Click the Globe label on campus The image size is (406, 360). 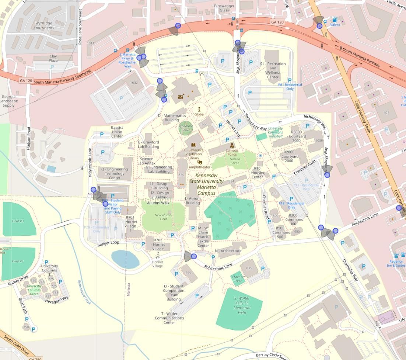tap(199, 114)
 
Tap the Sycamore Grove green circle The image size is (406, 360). tap(186, 128)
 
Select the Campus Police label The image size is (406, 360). tap(232, 152)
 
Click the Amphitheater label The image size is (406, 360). tap(199, 167)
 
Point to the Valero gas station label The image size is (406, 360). tap(335, 25)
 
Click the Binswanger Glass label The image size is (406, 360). tap(224, 8)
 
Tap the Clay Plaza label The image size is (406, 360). tap(53, 58)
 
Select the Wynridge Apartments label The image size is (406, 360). tap(43, 25)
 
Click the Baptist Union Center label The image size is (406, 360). tap(117, 132)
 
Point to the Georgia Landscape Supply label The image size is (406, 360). tap(8, 101)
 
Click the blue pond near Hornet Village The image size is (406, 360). tap(125, 259)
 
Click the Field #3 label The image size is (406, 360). tap(18, 221)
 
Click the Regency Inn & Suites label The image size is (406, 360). tap(396, 263)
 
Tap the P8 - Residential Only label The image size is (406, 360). tap(290, 87)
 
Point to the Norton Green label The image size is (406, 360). tap(235, 161)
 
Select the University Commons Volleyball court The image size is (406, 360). tap(262, 137)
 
